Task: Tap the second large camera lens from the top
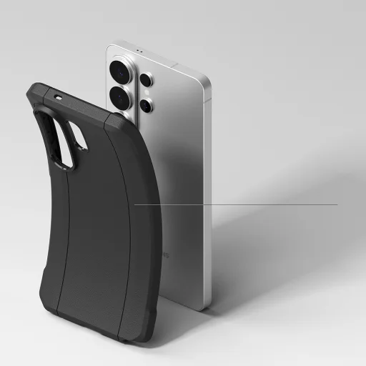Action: [x=119, y=97]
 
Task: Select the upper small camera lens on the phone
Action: [x=145, y=80]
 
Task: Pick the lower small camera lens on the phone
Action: [x=146, y=106]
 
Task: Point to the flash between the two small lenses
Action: [x=148, y=93]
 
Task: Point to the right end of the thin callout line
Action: [x=337, y=204]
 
